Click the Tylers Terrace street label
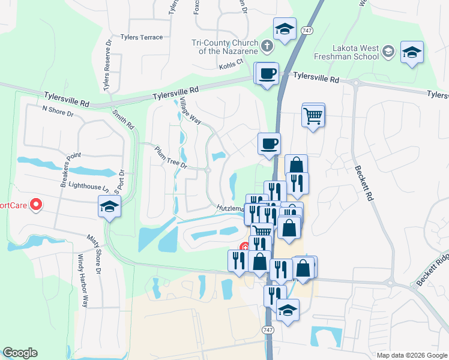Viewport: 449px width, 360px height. coord(141,37)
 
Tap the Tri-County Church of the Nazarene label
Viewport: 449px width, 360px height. coord(223,47)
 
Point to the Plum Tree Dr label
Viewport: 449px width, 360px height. coord(171,158)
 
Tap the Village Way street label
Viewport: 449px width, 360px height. coord(190,111)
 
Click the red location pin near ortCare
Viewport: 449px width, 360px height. coord(35,205)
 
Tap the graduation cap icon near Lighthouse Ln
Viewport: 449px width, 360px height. coord(109,207)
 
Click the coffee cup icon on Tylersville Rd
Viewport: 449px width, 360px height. coord(267,74)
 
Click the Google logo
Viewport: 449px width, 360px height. coord(20,353)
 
